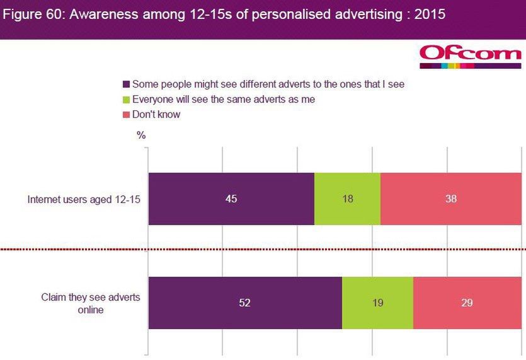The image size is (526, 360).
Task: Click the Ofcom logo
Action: pos(470,55)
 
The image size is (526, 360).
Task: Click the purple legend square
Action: pos(125,84)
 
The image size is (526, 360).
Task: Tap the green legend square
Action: pos(125,99)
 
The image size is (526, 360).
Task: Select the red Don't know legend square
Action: pos(125,115)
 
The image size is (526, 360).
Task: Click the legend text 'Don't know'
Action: pos(156,115)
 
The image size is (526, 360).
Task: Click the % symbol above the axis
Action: pos(141,135)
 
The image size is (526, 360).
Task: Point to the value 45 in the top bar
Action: pos(231,199)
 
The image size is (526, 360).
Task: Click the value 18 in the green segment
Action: pos(347,199)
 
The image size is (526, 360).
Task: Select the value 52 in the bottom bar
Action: pos(245,303)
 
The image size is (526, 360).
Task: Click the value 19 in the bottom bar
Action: pos(377,303)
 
